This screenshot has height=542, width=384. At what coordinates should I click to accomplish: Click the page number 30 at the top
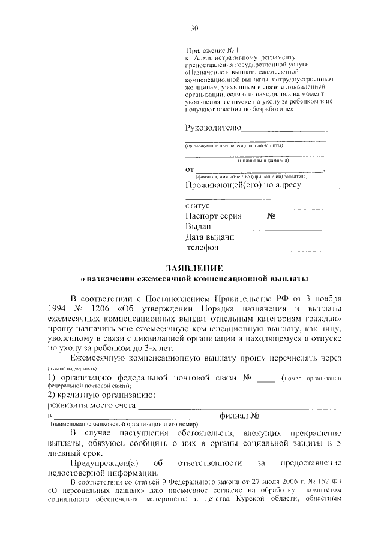pyautogui.click(x=194, y=28)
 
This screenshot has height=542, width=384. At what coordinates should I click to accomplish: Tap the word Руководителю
pyautogui.click(x=214, y=128)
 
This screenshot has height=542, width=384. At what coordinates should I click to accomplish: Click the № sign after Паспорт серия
pyautogui.click(x=271, y=217)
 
